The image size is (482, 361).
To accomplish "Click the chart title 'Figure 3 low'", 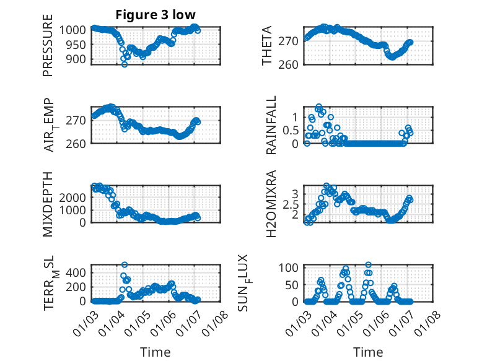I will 155,15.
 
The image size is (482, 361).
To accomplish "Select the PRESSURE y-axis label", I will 48,50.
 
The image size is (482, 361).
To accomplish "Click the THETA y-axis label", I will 267,46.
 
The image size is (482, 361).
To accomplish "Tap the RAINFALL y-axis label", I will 271,126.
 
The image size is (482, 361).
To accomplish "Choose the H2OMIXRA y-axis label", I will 271,204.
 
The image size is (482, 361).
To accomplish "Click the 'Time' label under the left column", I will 155,352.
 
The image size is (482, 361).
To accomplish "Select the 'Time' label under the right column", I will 368,352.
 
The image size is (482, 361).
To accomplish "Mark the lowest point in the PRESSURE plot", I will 125,64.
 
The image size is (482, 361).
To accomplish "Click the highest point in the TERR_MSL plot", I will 125,265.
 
